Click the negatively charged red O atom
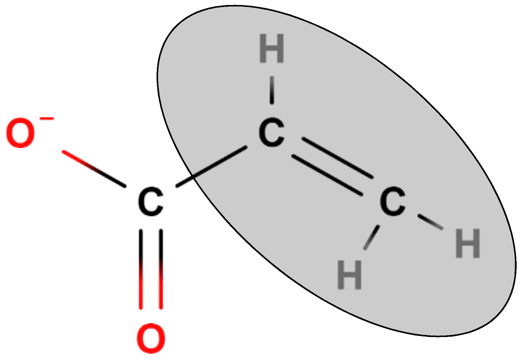[20, 133]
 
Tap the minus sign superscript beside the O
[47, 119]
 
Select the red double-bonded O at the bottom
[151, 338]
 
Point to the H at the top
[272, 49]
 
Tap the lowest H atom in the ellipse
[349, 275]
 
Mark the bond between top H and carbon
[272, 90]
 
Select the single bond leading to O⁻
[94, 169]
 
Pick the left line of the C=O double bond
[141, 269]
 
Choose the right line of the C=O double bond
[161, 269]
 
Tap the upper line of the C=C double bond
[337, 158]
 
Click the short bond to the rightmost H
[431, 222]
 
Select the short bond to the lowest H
[371, 237]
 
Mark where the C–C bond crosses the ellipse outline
[192, 178]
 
